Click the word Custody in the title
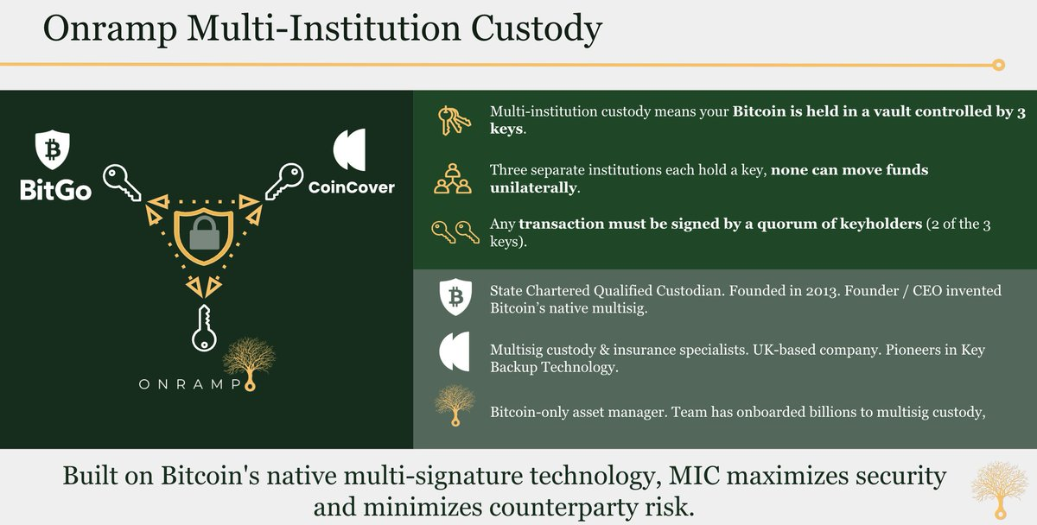536,28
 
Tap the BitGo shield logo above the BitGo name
53,149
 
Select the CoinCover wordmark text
352,187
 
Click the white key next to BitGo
121,182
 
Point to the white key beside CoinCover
284,180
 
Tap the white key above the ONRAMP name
204,327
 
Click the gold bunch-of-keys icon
454,120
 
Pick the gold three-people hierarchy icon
452,179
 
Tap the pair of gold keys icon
455,231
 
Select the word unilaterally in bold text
533,187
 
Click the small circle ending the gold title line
999,65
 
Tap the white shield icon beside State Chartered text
455,297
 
